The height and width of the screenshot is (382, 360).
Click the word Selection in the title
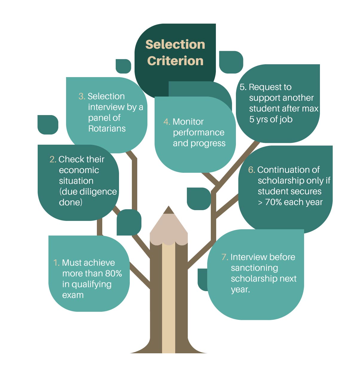pos(175,45)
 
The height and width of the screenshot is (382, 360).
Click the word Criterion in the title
pos(175,61)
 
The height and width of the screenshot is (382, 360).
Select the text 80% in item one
pos(113,273)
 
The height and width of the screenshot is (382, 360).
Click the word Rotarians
pos(107,129)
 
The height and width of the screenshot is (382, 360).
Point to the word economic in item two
pos(79,170)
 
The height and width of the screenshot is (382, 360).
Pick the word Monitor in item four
pos(188,122)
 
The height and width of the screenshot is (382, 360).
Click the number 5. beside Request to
pos(243,87)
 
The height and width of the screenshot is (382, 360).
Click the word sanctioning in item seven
pos(254,268)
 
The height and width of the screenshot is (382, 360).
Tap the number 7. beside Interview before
pos(225,257)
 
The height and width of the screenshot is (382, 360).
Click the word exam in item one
pos(73,295)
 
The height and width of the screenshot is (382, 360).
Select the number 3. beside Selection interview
pos(82,96)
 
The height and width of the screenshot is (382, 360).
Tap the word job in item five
pos(286,120)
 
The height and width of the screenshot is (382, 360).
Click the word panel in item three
pos(100,118)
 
